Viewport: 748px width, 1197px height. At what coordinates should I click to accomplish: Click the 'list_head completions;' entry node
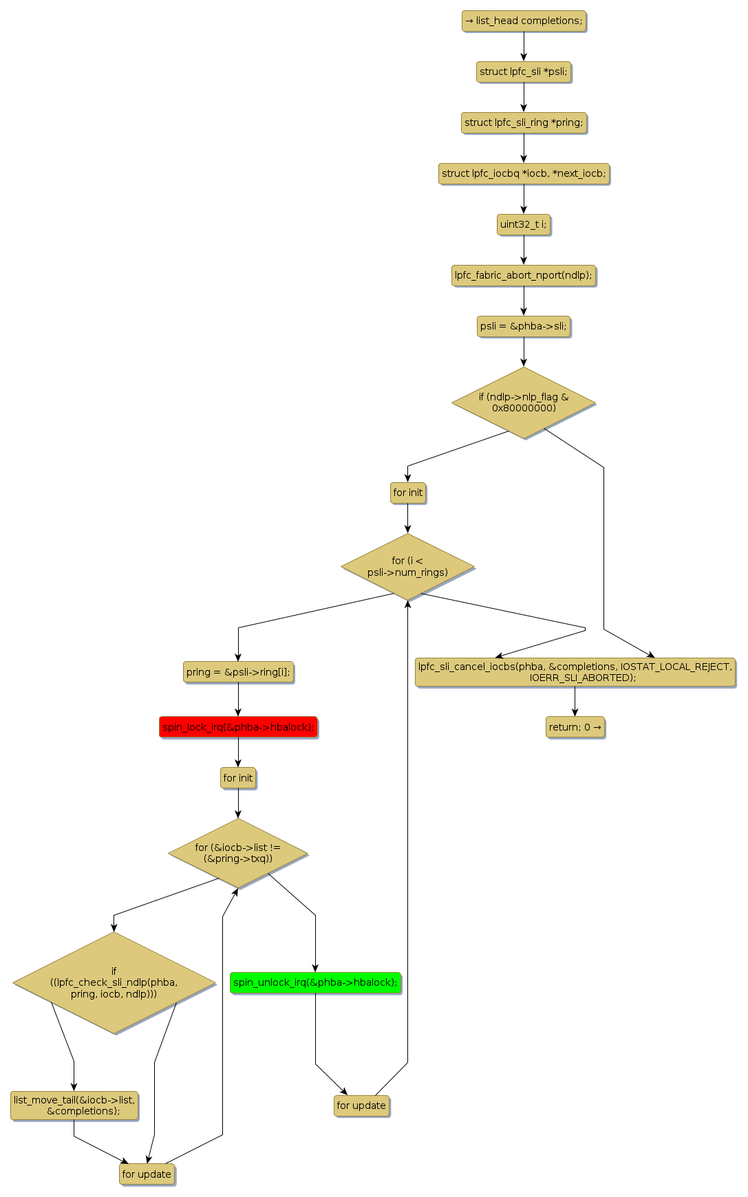point(524,21)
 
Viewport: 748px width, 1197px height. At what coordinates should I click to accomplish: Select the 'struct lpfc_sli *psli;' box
point(524,72)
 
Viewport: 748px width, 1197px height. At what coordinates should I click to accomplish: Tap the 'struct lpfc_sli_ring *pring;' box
point(524,122)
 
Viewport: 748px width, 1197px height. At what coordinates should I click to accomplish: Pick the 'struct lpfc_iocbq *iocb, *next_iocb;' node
point(524,173)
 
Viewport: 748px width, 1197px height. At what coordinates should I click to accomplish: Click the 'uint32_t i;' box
point(524,224)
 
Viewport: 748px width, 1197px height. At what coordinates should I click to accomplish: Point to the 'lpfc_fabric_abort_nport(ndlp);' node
point(524,275)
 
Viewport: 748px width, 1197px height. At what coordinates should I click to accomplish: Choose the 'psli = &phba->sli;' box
point(524,326)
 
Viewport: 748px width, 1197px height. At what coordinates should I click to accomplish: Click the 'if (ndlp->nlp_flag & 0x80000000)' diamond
point(524,402)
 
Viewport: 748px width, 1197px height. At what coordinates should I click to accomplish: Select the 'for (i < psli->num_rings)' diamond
point(407,566)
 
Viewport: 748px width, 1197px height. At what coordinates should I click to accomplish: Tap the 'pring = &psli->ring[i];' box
point(239,672)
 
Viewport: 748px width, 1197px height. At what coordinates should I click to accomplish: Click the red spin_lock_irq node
point(239,727)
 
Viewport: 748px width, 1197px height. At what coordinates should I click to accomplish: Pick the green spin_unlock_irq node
point(315,982)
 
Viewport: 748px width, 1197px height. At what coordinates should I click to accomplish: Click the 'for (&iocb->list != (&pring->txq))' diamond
point(238,853)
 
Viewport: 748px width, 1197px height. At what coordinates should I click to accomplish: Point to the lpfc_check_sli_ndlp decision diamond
point(114,982)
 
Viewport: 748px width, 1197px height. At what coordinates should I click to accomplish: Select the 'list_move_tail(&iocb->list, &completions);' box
point(74,1106)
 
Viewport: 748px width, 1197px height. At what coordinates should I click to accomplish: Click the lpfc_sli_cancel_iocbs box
point(575,672)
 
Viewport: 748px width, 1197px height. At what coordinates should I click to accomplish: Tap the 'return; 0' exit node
point(575,727)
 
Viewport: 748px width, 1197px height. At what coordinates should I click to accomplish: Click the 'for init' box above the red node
point(238,778)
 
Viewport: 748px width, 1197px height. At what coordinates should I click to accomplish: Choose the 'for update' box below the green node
point(361,1106)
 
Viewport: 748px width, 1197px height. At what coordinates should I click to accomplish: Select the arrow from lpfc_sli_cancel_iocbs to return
point(575,702)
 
